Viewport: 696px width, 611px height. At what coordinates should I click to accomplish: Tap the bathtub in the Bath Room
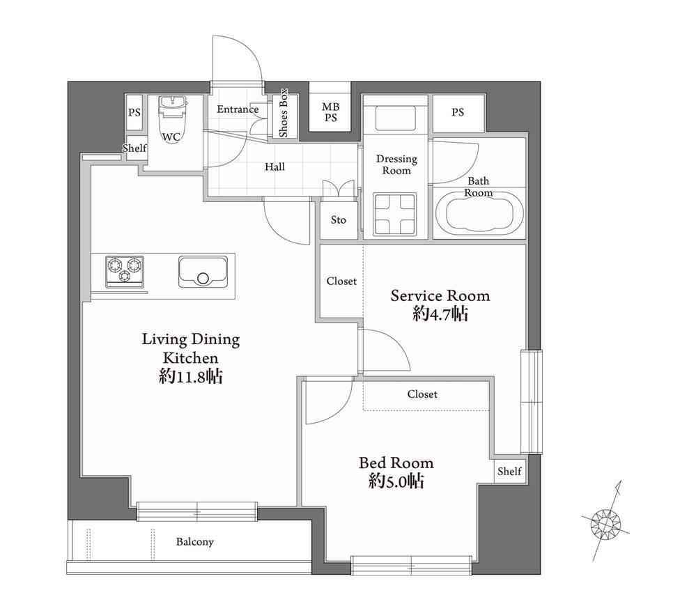coord(479,214)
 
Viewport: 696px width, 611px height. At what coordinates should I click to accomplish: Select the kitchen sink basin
coord(203,272)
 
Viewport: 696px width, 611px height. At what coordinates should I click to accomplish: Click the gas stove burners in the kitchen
coord(125,271)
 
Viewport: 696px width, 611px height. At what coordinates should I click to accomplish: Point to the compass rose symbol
coord(605,521)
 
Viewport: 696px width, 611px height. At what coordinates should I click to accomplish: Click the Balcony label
coord(195,542)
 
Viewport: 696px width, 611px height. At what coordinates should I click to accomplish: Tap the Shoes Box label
coord(283,113)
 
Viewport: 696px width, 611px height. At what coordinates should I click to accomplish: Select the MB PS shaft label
coord(331,112)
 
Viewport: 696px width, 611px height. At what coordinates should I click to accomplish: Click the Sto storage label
coord(338,219)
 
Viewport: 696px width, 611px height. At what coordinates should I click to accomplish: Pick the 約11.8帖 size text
coord(191,377)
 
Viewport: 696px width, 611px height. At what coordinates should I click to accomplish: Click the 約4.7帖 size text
coord(440,314)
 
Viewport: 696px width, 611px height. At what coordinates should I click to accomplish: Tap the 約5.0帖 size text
coord(396,481)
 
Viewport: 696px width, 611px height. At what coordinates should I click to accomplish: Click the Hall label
coord(274,167)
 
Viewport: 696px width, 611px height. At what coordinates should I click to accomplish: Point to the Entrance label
coord(238,109)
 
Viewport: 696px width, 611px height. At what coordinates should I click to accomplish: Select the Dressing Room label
coord(396,164)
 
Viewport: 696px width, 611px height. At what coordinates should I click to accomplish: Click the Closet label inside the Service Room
coord(341,281)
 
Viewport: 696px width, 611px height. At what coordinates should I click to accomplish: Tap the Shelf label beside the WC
coord(134,148)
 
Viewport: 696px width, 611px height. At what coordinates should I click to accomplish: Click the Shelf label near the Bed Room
coord(509,471)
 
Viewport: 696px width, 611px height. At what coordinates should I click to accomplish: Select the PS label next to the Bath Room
coord(458,112)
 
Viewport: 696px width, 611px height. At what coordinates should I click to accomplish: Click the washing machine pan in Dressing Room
coord(395,215)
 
